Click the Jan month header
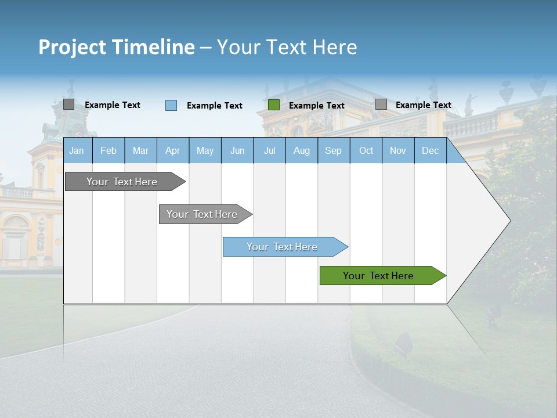point(77,150)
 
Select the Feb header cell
point(108,150)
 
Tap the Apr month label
point(172,150)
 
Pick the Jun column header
point(237,150)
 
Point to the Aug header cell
point(301,150)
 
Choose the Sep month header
point(333,150)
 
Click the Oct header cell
point(366,150)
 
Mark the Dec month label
point(430,150)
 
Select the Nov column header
point(398,150)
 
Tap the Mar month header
point(140,150)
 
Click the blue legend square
point(171,105)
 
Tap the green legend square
point(274,105)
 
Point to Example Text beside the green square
point(316,106)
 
